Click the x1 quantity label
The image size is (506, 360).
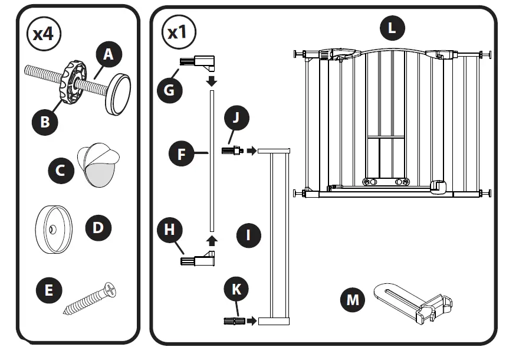(x=178, y=32)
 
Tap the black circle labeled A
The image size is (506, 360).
(x=107, y=54)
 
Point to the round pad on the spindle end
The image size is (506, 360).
(x=118, y=95)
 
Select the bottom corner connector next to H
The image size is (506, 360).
(x=199, y=258)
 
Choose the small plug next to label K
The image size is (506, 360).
(x=235, y=321)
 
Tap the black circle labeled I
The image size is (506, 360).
(x=249, y=236)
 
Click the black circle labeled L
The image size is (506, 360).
(x=392, y=28)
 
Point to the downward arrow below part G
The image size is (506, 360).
(x=211, y=80)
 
